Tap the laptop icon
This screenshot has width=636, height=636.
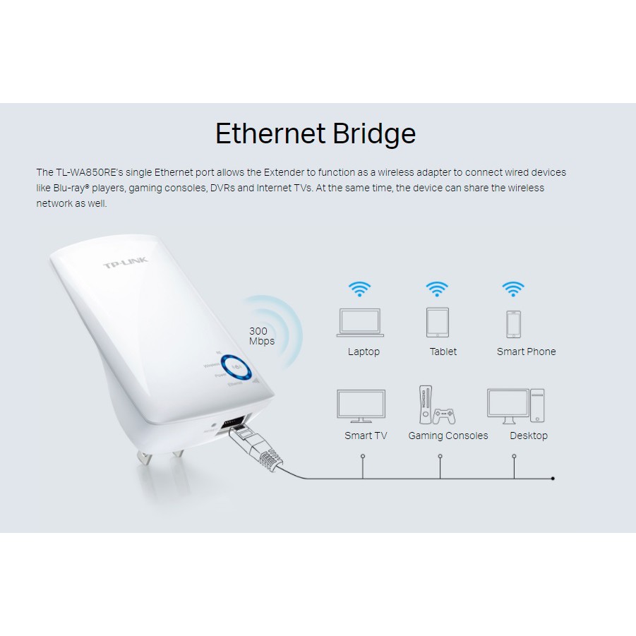360,323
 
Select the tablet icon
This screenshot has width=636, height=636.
438,323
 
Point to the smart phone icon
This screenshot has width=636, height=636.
513,324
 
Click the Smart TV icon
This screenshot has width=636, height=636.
361,406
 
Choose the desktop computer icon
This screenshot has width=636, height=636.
516,405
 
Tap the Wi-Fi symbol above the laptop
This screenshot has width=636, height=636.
360,289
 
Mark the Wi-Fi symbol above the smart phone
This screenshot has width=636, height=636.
513,289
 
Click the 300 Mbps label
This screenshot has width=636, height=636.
262,336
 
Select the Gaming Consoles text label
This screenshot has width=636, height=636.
448,436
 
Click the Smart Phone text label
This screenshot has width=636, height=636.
526,352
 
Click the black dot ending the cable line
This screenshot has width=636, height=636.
552,479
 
